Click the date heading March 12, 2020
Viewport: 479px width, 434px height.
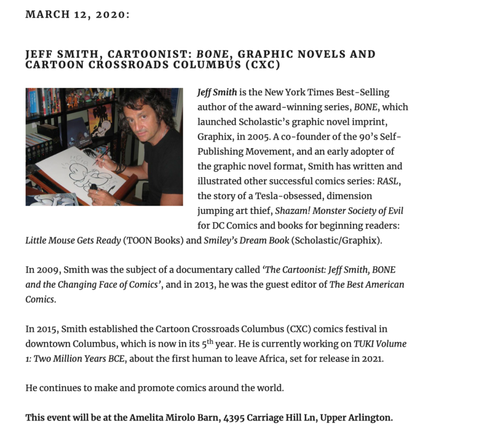[x=77, y=15]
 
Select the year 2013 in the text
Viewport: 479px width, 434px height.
[x=222, y=285]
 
